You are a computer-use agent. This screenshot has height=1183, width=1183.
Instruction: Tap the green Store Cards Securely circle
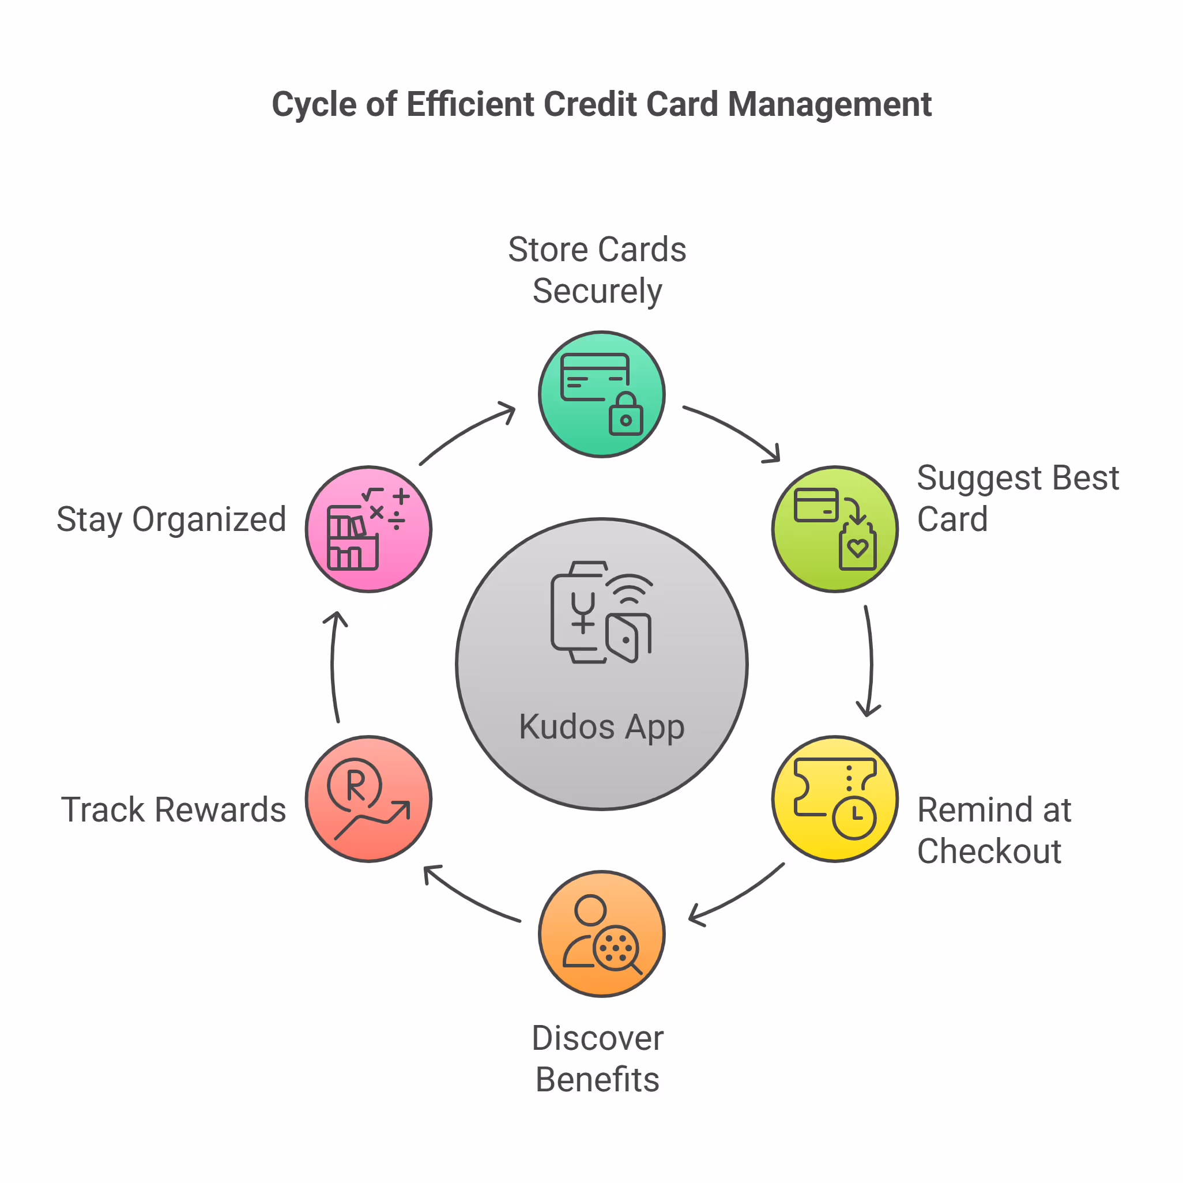[x=601, y=394]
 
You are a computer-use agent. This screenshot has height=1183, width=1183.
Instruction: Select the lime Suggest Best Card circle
[x=835, y=529]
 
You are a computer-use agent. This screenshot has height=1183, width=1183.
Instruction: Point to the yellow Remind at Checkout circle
[x=835, y=798]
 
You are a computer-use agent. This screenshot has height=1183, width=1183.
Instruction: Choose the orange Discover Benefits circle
[x=601, y=933]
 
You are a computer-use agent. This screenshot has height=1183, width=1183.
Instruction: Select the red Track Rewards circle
[x=368, y=798]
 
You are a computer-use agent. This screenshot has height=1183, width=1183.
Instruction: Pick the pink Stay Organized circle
[x=368, y=529]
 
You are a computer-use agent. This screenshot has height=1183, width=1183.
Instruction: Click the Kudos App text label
[x=601, y=727]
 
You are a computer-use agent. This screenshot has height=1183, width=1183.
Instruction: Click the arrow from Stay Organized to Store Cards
[x=466, y=432]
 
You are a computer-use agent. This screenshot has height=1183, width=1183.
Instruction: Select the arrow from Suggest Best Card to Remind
[x=870, y=661]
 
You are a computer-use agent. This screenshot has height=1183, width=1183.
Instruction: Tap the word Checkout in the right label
[x=989, y=851]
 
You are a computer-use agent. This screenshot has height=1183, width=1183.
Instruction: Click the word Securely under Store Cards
[x=597, y=291]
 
